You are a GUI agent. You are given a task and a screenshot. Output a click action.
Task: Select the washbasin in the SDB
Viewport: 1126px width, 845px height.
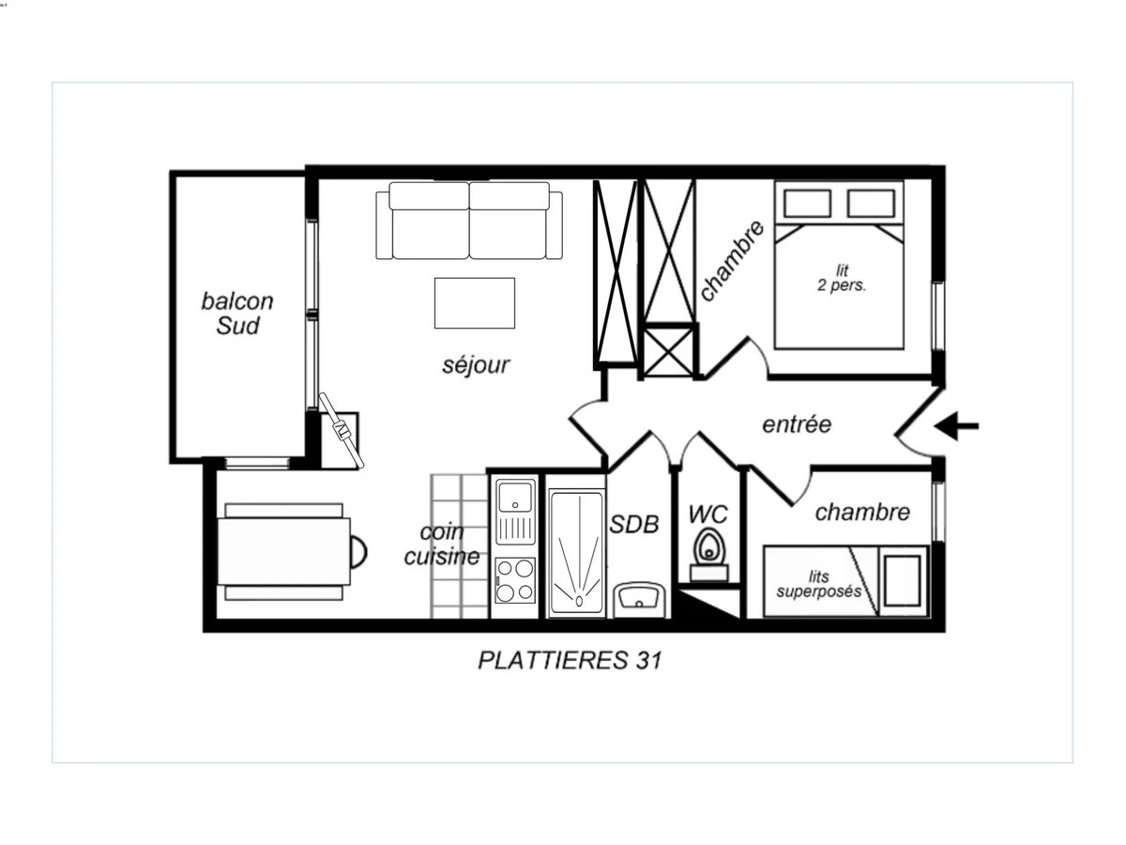(x=639, y=599)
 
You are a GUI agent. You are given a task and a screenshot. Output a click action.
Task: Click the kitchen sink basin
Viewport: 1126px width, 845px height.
(x=515, y=497)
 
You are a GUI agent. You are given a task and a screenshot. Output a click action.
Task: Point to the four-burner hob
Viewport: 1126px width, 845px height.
(x=515, y=580)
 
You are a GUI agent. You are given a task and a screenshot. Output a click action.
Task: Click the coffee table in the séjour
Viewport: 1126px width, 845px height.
(x=475, y=303)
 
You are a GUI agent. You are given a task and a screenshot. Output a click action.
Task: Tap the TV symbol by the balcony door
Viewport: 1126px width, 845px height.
(x=342, y=430)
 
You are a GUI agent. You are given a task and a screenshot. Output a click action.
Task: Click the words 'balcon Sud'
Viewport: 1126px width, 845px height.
(x=237, y=314)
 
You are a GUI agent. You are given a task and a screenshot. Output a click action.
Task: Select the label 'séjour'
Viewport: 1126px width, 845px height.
(x=476, y=365)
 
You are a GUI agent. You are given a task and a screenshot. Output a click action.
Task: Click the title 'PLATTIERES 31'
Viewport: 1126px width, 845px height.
(x=570, y=660)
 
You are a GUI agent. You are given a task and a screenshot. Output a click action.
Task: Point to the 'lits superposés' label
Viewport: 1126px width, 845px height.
(x=818, y=584)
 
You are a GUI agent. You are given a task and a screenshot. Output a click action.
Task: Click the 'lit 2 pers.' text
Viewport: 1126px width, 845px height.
(x=842, y=278)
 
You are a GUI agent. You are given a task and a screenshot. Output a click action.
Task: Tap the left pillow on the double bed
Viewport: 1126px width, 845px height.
(x=808, y=203)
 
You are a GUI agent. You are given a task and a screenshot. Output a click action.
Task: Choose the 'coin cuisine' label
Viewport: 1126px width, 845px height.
(x=442, y=545)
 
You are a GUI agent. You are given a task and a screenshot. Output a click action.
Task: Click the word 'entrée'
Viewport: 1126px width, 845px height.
(x=797, y=424)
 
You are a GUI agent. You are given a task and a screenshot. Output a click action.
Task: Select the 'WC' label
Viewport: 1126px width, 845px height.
(x=708, y=515)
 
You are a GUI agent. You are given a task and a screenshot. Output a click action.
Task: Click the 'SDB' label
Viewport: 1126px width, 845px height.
(x=634, y=524)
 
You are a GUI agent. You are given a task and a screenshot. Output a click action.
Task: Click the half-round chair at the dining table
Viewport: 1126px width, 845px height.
(x=358, y=552)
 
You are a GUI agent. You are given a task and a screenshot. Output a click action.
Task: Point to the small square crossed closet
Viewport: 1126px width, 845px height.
(x=668, y=352)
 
